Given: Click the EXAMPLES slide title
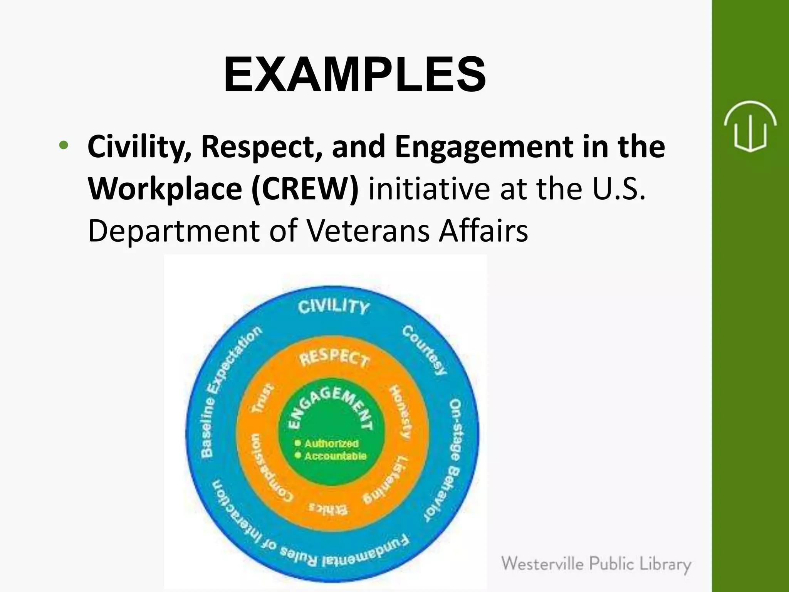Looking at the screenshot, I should [354, 74].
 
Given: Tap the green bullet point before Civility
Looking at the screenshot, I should [64, 146].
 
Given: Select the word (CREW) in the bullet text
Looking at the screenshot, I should [305, 188].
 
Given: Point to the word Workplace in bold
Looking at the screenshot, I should [165, 188].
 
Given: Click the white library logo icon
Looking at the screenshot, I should [750, 126].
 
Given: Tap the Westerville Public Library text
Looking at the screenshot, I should [596, 564].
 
